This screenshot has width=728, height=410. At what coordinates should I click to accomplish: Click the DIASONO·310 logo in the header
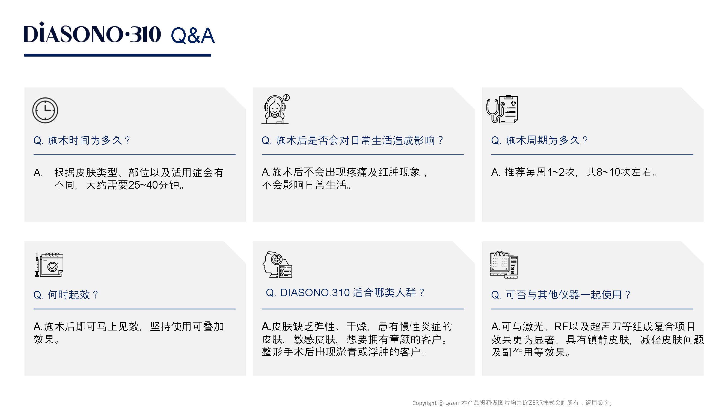pyautogui.click(x=93, y=33)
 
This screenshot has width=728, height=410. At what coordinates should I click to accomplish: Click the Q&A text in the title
pyautogui.click(x=193, y=36)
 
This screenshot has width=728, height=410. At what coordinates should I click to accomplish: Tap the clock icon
pyautogui.click(x=45, y=110)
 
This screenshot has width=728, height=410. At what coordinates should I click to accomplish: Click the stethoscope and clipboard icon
pyautogui.click(x=502, y=109)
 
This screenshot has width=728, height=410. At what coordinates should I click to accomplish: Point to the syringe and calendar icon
pyautogui.click(x=49, y=265)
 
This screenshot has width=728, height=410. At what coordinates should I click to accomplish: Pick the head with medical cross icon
pyautogui.click(x=277, y=265)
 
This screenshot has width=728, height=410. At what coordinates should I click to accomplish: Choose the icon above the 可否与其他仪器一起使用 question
pyautogui.click(x=504, y=265)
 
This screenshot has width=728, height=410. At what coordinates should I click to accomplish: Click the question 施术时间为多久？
pyautogui.click(x=82, y=140)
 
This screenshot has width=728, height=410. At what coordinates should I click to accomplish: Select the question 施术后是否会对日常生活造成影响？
pyautogui.click(x=352, y=140)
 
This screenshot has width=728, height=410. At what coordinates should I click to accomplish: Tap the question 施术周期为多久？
pyautogui.click(x=539, y=140)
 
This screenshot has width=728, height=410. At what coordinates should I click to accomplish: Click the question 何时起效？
pyautogui.click(x=66, y=295)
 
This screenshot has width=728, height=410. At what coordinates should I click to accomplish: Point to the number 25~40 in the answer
pyautogui.click(x=143, y=185)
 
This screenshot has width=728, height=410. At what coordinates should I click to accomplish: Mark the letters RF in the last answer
pyautogui.click(x=561, y=327)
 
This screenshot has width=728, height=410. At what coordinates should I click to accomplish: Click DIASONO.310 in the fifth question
pyautogui.click(x=315, y=292)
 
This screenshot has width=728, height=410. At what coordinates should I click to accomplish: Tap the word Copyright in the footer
pyautogui.click(x=424, y=403)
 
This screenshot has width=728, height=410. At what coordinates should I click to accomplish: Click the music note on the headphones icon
pyautogui.click(x=286, y=98)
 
